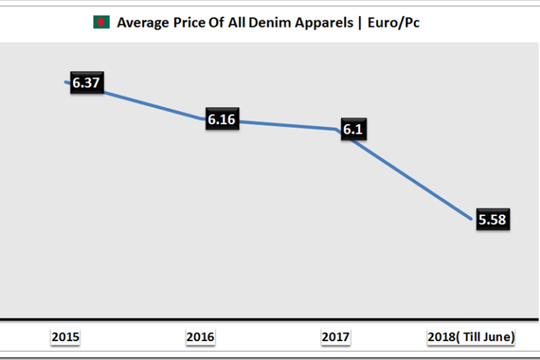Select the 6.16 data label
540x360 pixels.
point(221,119)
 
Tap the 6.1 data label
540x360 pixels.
point(353,130)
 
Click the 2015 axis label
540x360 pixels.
point(66,337)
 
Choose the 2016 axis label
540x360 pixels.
point(201,337)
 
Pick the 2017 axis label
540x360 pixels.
point(336,337)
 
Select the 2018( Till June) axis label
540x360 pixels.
point(471,337)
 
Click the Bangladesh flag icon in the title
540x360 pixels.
point(100,23)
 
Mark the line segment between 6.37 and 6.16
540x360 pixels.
point(153,102)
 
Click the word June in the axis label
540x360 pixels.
point(497,337)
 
